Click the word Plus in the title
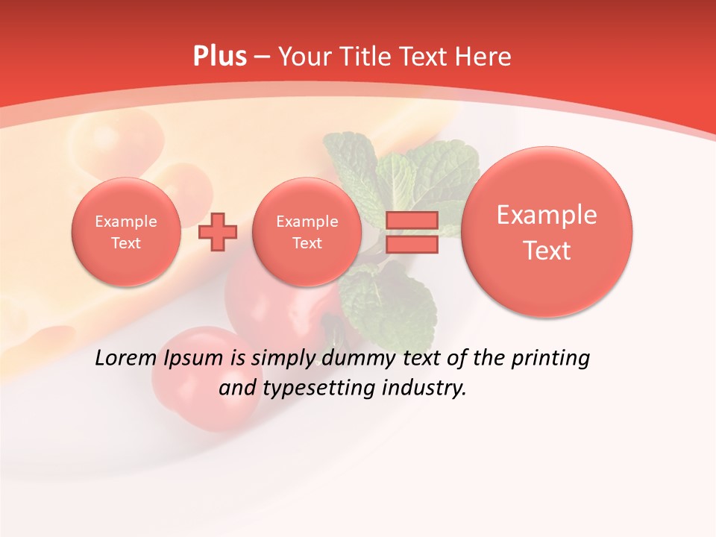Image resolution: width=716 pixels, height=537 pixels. point(219,57)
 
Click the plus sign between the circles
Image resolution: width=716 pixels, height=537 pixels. point(218,232)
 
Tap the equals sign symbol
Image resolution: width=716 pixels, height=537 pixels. point(412,232)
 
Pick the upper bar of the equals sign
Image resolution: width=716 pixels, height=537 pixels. point(412,220)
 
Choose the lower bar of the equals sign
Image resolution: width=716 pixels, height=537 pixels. point(412,245)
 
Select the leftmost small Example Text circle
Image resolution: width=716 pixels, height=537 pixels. point(126,232)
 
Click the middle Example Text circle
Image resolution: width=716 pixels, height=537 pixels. point(307,232)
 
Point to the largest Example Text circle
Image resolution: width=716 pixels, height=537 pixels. point(547,232)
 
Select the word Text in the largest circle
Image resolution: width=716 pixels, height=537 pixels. point(547,251)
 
